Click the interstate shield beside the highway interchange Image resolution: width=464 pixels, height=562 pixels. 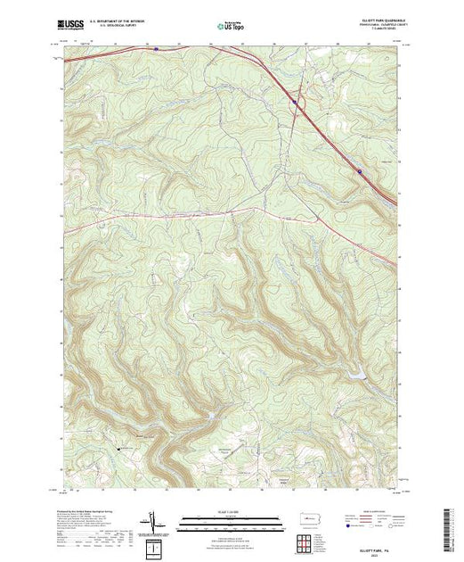coord(295,103)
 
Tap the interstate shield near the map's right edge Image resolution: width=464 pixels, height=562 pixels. coord(360,170)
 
